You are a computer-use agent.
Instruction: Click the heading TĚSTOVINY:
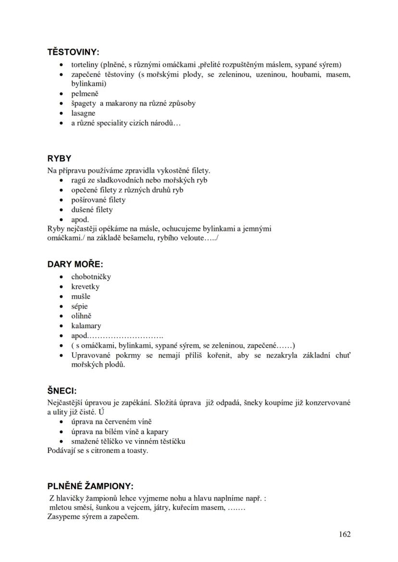73,52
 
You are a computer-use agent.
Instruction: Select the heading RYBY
59,158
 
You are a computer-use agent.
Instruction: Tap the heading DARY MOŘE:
75,264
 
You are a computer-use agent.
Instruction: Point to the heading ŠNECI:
62,391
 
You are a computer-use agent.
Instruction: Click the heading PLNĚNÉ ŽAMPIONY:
90,486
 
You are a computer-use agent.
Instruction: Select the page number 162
344,534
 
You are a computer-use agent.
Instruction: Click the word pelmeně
85,94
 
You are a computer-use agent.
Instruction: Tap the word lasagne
83,113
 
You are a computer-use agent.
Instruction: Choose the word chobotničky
91,276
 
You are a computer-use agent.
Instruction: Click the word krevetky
85,287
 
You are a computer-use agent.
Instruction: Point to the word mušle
81,296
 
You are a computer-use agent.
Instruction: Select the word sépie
79,306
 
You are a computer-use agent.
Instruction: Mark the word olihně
81,316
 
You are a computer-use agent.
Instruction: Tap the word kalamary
86,326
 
